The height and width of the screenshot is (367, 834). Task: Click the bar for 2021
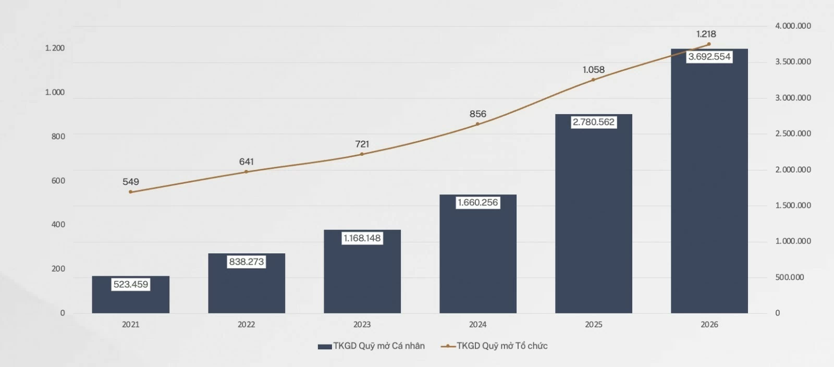(x=131, y=295)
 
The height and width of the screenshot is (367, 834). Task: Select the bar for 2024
(x=477, y=254)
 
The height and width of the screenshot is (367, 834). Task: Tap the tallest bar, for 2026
(x=709, y=181)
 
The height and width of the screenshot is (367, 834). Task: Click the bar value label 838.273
(x=246, y=262)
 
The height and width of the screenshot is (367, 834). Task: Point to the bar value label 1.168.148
(x=362, y=238)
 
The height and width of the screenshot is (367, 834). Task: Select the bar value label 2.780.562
(x=594, y=122)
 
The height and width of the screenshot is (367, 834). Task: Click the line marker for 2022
(x=246, y=172)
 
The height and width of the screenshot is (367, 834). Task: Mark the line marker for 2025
(x=593, y=80)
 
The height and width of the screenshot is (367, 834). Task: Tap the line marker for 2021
(x=130, y=192)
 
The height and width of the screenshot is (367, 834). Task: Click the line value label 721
(x=362, y=144)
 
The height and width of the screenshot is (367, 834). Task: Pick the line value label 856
(x=477, y=114)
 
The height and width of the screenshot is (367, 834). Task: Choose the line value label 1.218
(x=706, y=34)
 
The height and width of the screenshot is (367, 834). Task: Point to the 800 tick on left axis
(x=58, y=137)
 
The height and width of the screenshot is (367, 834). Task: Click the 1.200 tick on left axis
(x=55, y=48)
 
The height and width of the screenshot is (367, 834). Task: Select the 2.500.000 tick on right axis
(x=793, y=133)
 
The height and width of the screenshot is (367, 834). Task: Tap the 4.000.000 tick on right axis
(x=793, y=26)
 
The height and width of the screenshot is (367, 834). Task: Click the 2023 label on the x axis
(x=362, y=325)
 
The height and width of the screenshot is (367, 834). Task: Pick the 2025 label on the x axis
(x=594, y=325)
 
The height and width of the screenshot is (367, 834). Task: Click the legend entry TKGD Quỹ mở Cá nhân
(x=371, y=346)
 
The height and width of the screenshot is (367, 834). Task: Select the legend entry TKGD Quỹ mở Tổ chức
(x=494, y=346)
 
